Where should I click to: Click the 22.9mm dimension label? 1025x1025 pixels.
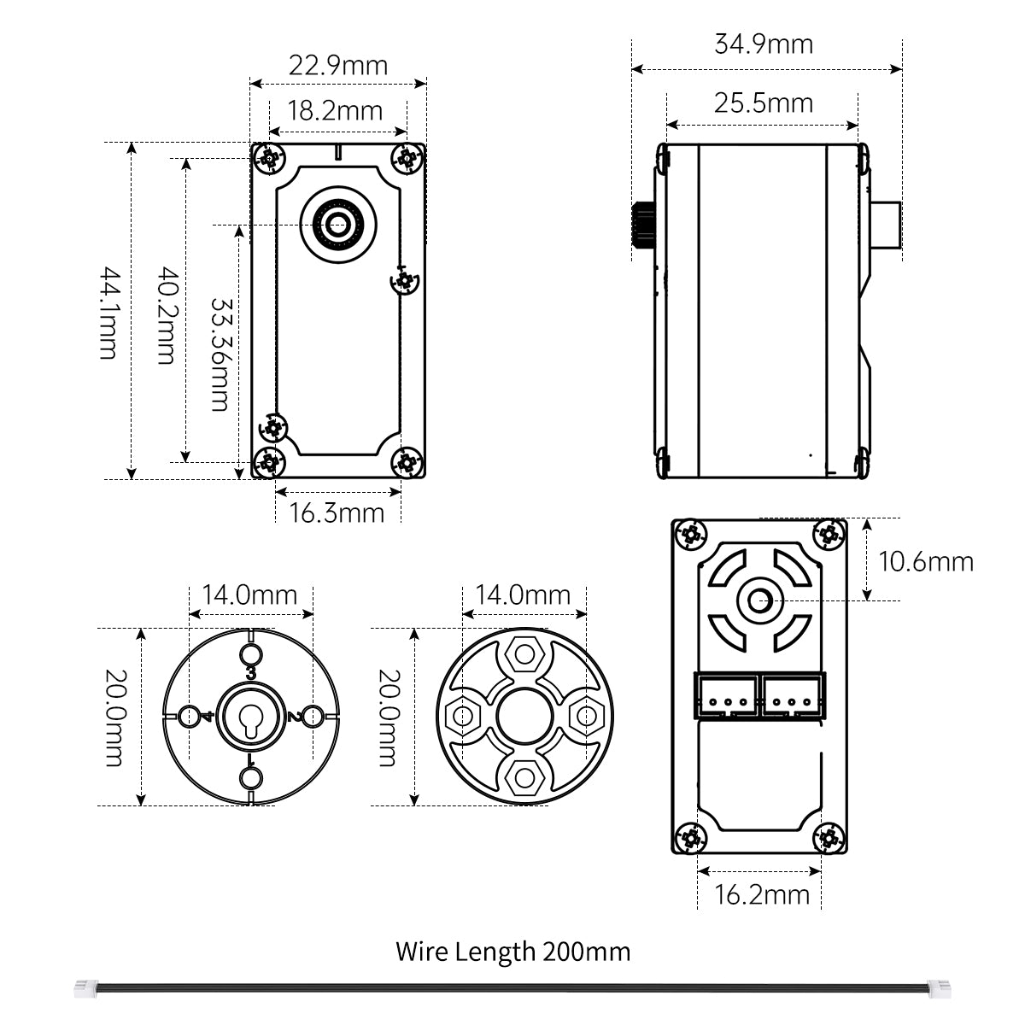[x=337, y=66]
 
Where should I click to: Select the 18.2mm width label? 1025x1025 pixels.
[x=335, y=111]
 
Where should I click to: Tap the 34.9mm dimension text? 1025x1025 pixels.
[x=764, y=44]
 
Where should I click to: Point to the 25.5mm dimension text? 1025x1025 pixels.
[x=764, y=103]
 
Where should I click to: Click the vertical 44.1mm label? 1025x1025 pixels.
[x=109, y=313]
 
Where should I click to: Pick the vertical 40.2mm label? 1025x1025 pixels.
[x=167, y=315]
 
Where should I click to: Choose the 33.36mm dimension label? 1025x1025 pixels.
[x=221, y=354]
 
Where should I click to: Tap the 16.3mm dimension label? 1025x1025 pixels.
[x=337, y=513]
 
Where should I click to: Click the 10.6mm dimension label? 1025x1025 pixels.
[x=926, y=562]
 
